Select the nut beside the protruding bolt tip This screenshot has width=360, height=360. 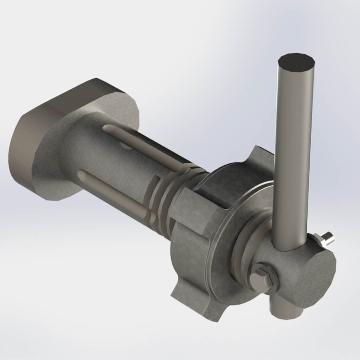[320, 241]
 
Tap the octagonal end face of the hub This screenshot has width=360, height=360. [312, 276]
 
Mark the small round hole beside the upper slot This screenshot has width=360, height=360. [126, 145]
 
